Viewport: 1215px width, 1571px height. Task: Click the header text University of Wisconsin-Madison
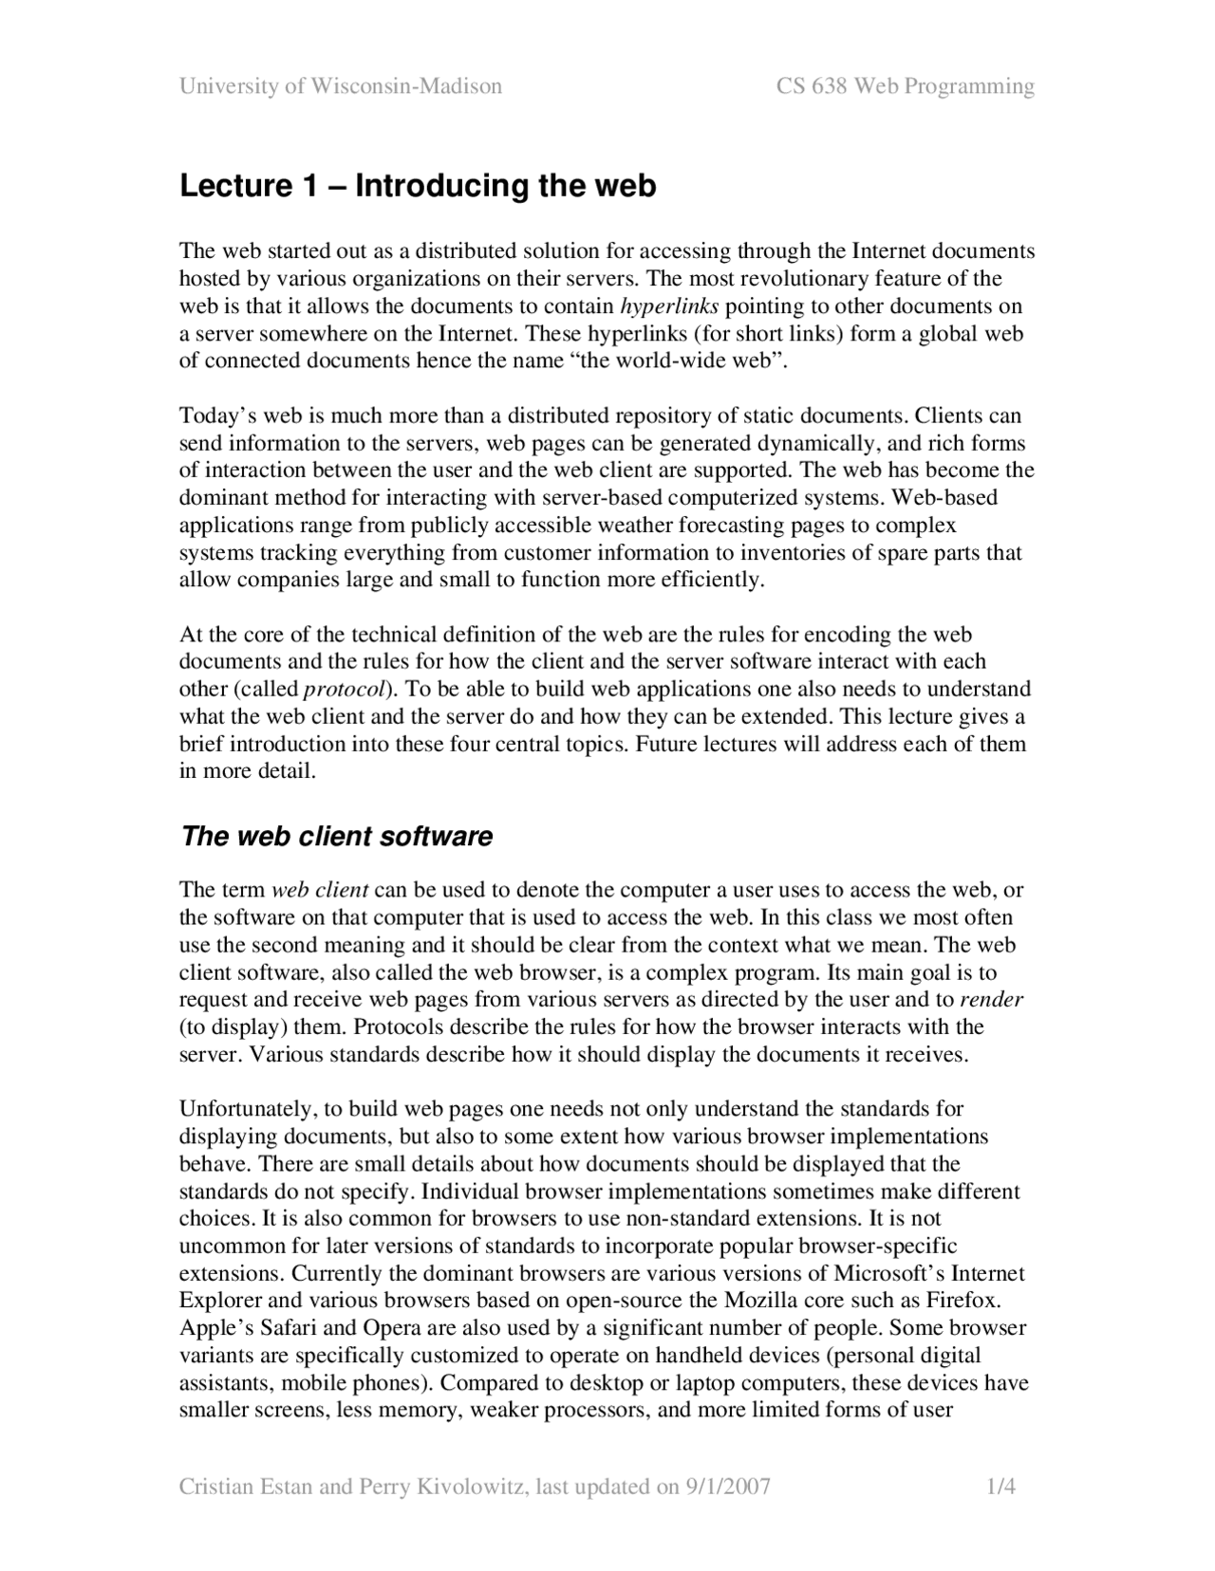click(x=341, y=87)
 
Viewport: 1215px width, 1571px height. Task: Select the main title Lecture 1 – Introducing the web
click(x=418, y=186)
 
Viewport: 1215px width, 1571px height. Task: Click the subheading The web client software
click(x=337, y=837)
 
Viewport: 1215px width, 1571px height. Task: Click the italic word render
click(x=991, y=1000)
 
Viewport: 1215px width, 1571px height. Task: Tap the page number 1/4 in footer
click(x=1001, y=1487)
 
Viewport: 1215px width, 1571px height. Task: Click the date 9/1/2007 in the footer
click(x=727, y=1487)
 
